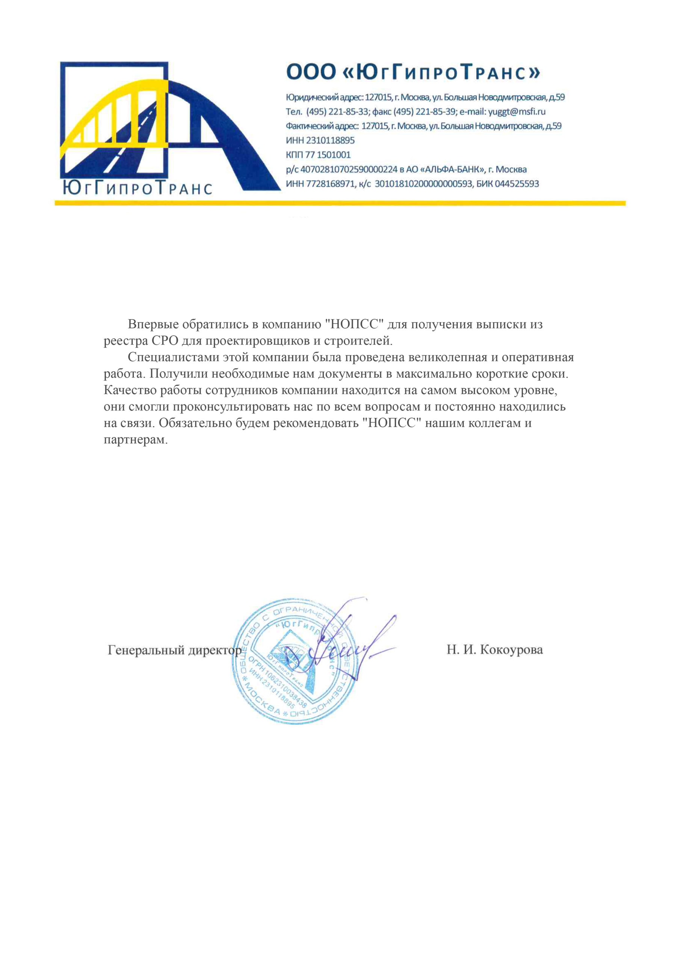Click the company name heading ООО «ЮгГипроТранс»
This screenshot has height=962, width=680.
click(x=413, y=72)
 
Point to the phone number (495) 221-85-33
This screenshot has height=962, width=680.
click(x=337, y=112)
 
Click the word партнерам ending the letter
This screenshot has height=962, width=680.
click(x=135, y=440)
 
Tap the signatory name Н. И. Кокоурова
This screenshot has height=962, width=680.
click(x=494, y=650)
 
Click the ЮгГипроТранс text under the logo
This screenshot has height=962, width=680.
click(x=137, y=189)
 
